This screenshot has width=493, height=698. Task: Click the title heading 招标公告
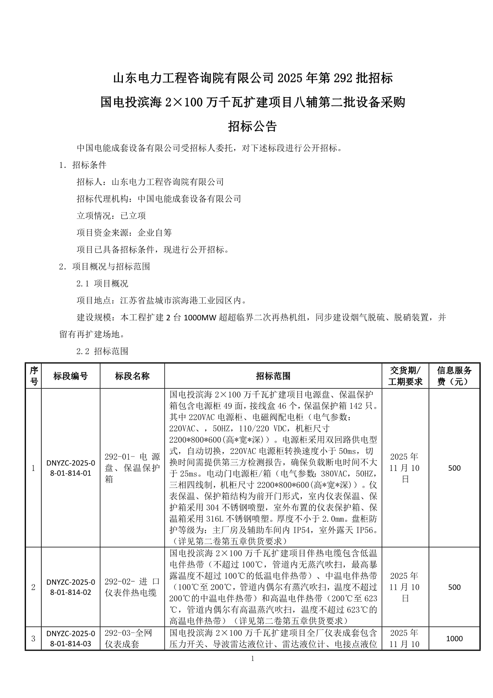252,127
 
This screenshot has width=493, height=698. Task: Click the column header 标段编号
70,376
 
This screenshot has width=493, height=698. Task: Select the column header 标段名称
132,376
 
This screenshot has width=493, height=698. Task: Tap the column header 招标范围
273,376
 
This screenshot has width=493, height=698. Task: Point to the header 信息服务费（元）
454,376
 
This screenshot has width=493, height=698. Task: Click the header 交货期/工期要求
405,376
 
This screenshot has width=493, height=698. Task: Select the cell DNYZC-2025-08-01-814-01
70,468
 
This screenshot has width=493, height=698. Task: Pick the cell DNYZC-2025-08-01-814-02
70,587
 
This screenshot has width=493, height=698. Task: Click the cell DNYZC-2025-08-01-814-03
70,638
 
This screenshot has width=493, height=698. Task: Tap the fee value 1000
454,639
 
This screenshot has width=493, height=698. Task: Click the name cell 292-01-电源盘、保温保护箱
132,468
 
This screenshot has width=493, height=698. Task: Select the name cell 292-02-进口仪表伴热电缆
132,587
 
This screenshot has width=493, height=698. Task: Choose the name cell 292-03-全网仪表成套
128,638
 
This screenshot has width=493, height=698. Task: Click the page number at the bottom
252,659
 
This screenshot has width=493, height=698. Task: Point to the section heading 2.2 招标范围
102,351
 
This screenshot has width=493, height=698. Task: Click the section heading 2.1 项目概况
102,283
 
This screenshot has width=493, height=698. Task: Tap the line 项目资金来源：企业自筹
124,232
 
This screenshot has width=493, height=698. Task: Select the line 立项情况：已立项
111,216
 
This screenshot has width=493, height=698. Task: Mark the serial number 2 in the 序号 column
33,587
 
